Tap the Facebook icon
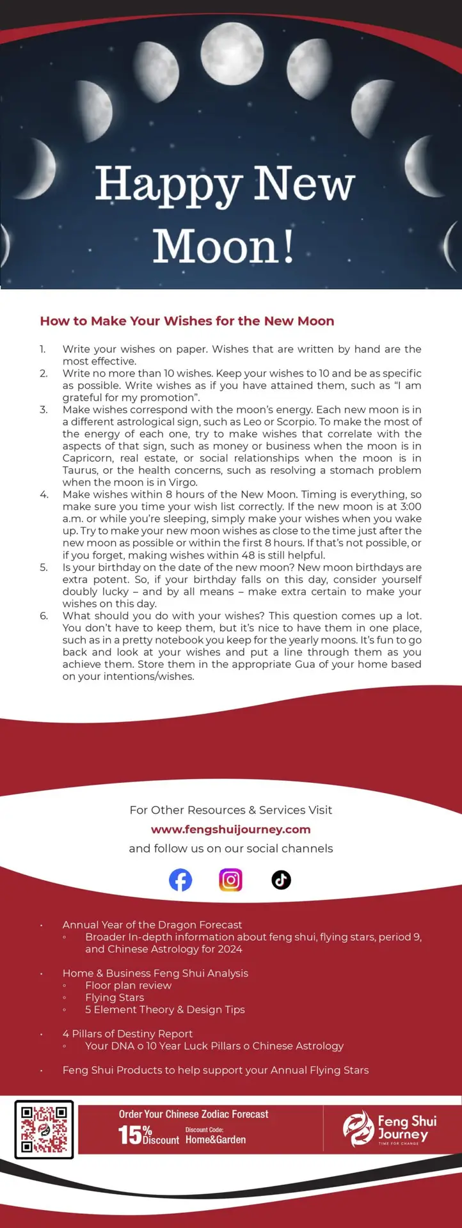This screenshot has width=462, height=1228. pyautogui.click(x=180, y=880)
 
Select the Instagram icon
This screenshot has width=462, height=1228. pyautogui.click(x=230, y=880)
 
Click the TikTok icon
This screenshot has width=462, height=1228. pyautogui.click(x=281, y=880)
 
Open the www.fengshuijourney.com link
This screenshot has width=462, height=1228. pyautogui.click(x=230, y=830)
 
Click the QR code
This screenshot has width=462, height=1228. pyautogui.click(x=44, y=1130)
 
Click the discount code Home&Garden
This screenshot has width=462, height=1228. pyautogui.click(x=216, y=1140)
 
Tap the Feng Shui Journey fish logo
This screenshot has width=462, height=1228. pyautogui.click(x=358, y=1129)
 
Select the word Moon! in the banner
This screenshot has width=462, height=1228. pyautogui.click(x=223, y=247)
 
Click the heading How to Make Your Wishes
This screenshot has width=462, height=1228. pyautogui.click(x=187, y=321)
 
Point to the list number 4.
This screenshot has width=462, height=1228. pyautogui.click(x=44, y=494)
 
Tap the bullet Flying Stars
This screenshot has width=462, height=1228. pyautogui.click(x=115, y=997)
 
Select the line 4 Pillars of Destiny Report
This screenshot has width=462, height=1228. pyautogui.click(x=127, y=1034)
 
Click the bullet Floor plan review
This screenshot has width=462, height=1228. pyautogui.click(x=128, y=985)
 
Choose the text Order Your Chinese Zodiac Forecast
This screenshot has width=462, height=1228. pyautogui.click(x=193, y=1114)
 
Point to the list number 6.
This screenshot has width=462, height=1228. pyautogui.click(x=44, y=616)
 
